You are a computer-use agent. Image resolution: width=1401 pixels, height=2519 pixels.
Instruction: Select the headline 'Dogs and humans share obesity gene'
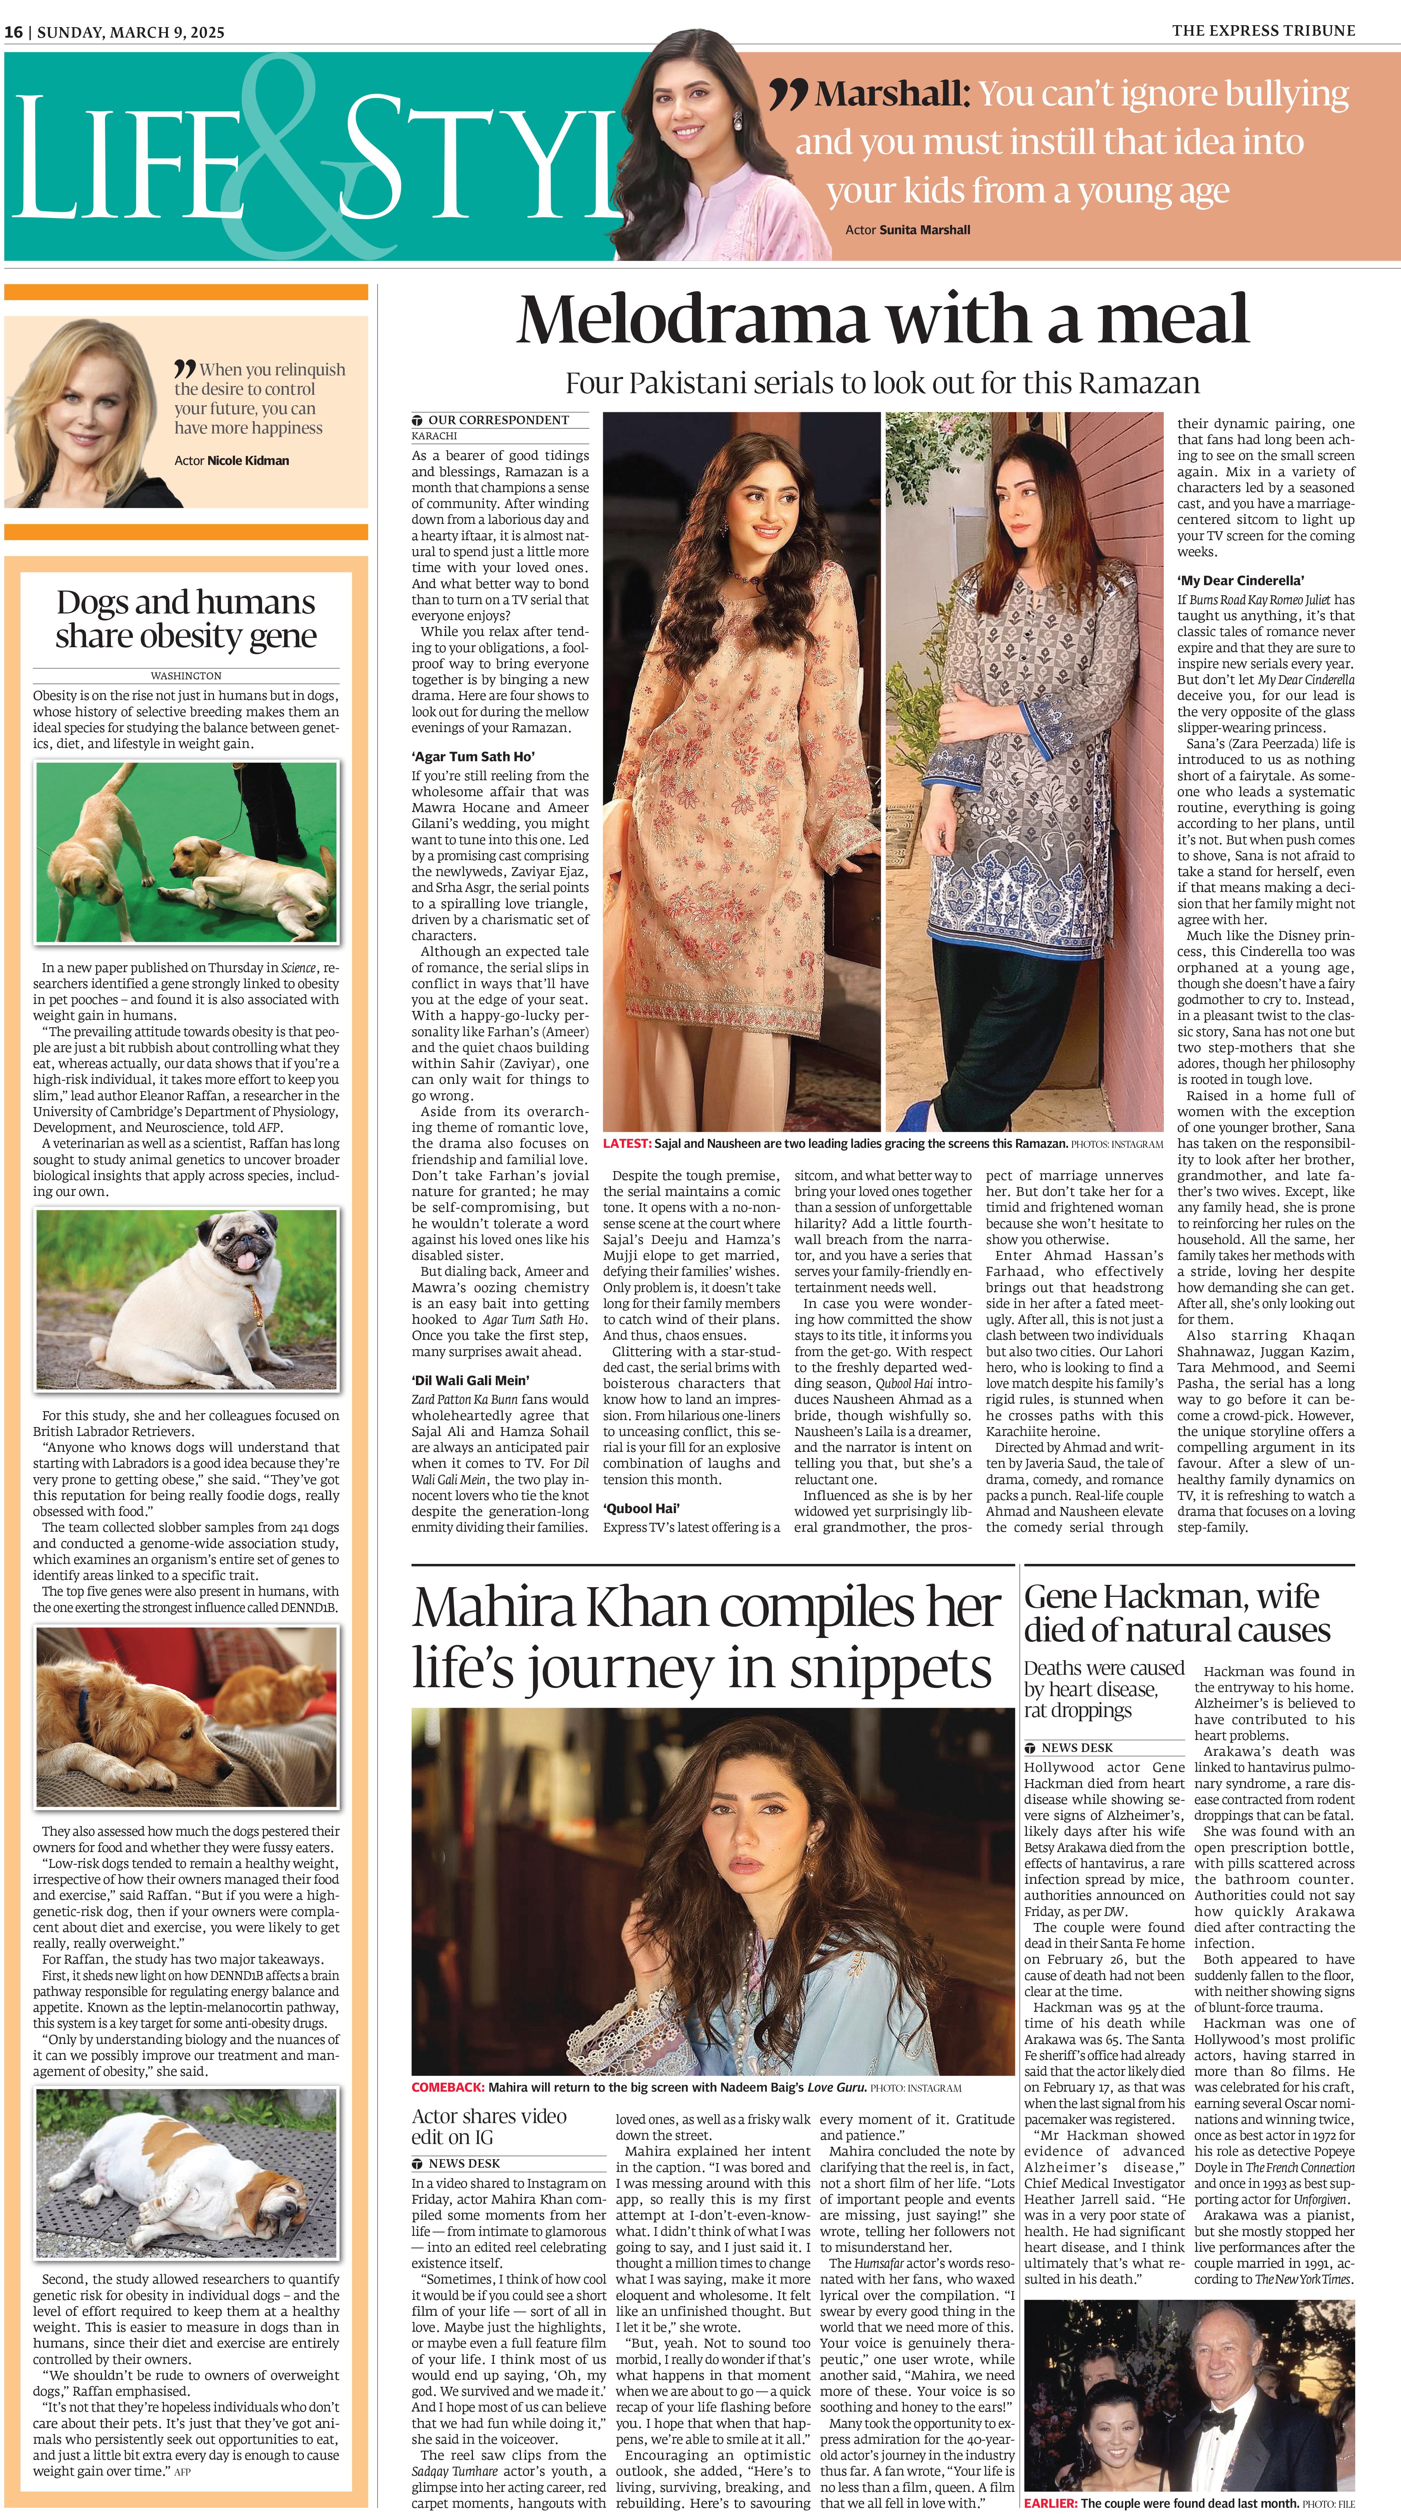[186, 619]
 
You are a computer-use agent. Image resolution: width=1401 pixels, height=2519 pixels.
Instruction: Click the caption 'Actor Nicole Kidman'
[232, 461]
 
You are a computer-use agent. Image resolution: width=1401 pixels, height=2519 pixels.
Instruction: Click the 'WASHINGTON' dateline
[186, 676]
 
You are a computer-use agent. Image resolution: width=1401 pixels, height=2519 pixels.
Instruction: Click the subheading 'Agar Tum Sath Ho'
[472, 756]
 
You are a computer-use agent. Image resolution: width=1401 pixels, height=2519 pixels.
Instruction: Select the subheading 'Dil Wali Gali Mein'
[470, 1380]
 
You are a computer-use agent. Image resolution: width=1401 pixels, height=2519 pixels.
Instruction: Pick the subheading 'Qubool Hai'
[641, 1508]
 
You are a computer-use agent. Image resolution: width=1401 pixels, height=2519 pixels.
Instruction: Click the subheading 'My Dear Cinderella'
[1240, 580]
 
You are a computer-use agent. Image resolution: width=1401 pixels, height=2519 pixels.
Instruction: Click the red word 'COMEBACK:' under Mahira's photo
[448, 2087]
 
